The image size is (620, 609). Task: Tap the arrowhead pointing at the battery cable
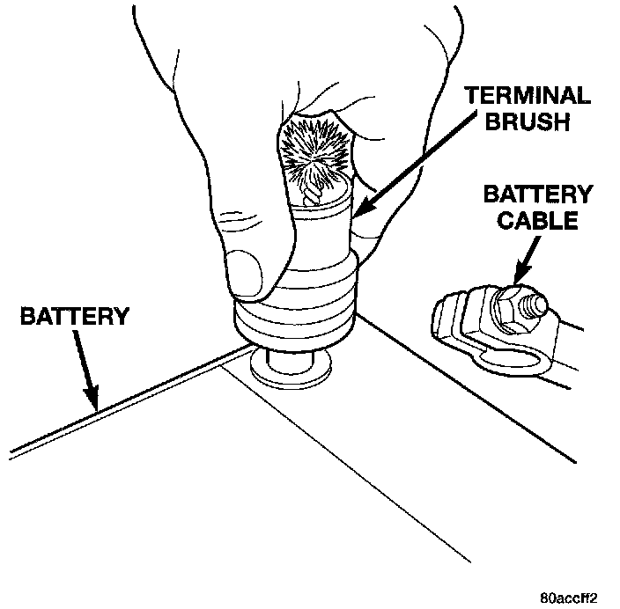[x=519, y=280]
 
